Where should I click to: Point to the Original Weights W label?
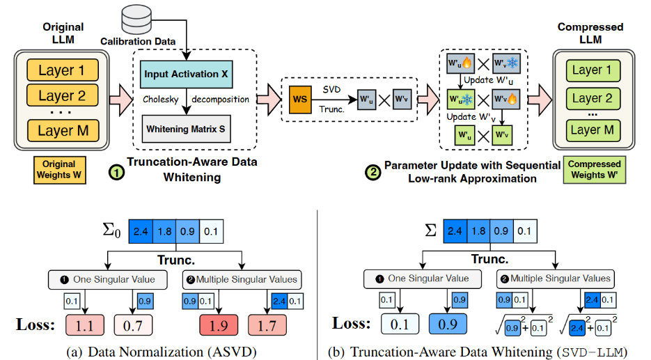[58, 170]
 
